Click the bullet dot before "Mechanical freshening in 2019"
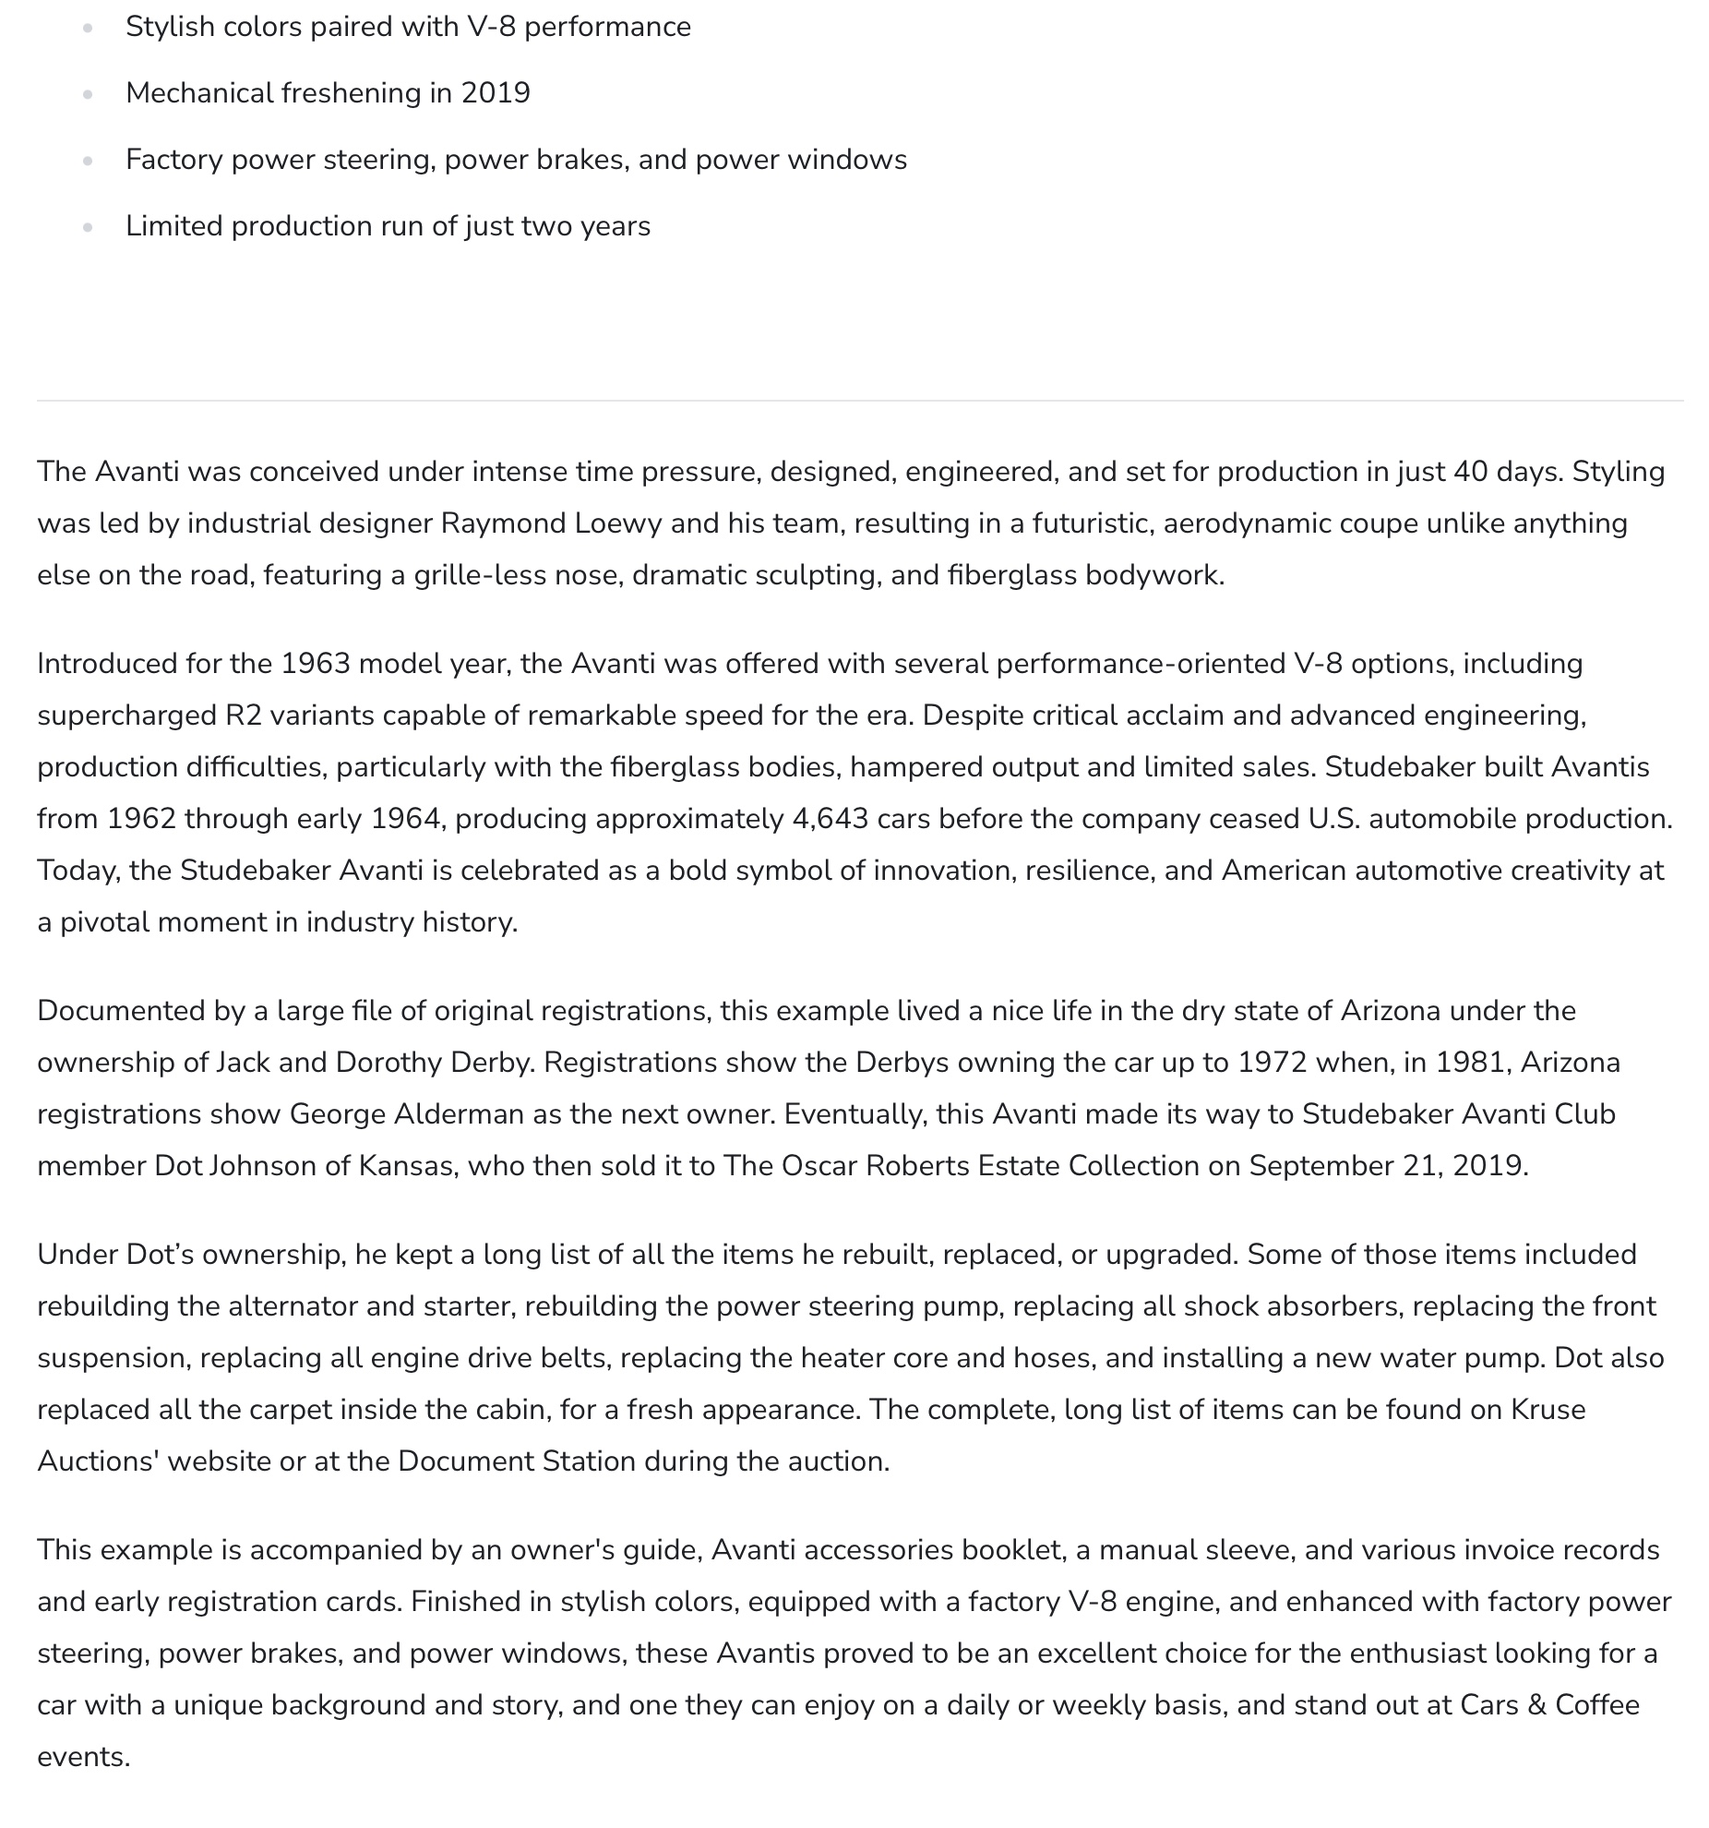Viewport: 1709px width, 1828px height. coord(88,94)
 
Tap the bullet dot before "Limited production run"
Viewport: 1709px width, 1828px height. coord(88,227)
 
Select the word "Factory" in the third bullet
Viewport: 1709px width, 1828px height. coord(174,160)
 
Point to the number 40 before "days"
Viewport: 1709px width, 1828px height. coord(1471,472)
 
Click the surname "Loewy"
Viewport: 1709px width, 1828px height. coord(618,523)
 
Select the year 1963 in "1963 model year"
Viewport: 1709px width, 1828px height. coord(316,664)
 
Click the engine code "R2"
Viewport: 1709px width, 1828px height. coord(244,716)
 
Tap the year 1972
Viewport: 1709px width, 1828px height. coord(1273,1063)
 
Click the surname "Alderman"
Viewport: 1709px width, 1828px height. coord(459,1114)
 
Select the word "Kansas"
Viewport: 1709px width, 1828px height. coord(405,1166)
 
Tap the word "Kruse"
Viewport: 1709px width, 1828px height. coord(1548,1410)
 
